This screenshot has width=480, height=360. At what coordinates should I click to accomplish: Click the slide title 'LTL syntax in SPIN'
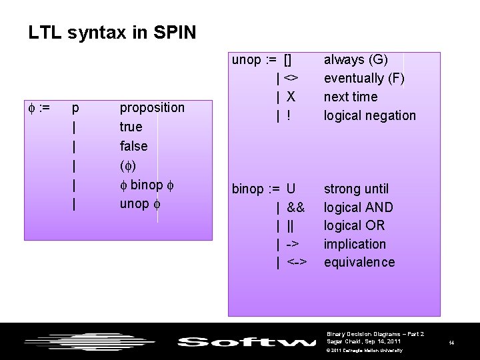112,32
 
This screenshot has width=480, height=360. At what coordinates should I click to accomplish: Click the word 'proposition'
152,107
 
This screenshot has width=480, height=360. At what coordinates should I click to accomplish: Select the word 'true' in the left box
131,127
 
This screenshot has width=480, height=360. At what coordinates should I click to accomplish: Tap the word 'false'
133,145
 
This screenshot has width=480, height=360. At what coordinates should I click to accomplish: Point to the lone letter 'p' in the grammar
75,107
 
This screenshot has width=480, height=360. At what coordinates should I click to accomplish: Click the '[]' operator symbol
288,60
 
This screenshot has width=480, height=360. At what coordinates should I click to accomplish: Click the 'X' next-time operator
291,97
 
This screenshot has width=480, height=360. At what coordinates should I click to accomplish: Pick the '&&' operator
295,207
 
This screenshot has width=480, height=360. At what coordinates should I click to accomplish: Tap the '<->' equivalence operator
297,262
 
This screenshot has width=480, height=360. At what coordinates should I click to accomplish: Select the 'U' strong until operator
291,189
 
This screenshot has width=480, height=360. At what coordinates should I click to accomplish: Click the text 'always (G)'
356,60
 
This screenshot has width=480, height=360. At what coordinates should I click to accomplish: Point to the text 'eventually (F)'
364,79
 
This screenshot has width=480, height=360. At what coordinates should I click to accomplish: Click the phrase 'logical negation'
369,115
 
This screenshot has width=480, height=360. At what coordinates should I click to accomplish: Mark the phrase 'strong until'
356,189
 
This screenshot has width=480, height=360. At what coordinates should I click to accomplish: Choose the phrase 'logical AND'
359,207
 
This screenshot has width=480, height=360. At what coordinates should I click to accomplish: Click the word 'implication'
355,244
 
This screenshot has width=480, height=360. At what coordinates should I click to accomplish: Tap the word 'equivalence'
359,262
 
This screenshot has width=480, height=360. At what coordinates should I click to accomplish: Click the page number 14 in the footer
451,343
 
